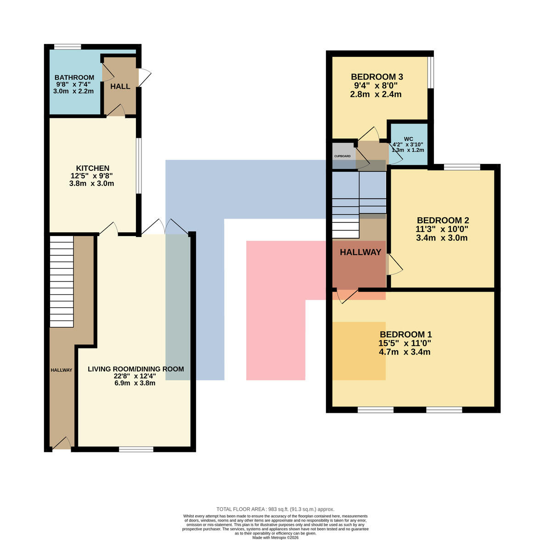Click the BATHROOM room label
[74, 78]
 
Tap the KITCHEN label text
[93, 168]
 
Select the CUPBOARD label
[342, 156]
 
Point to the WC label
[408, 139]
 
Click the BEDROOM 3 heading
[377, 77]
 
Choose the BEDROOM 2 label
[443, 220]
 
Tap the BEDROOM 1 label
[405, 334]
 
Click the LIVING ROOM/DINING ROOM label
[136, 369]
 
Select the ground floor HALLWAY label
[62, 370]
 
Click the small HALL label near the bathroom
[120, 86]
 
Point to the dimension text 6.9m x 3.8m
[135, 383]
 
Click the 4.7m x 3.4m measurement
[405, 352]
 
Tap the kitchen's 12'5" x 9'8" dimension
[92, 176]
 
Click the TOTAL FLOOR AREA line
[275, 509]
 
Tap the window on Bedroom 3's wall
[431, 73]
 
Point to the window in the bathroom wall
[68, 47]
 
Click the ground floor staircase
[62, 281]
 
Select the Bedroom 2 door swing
[394, 265]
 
